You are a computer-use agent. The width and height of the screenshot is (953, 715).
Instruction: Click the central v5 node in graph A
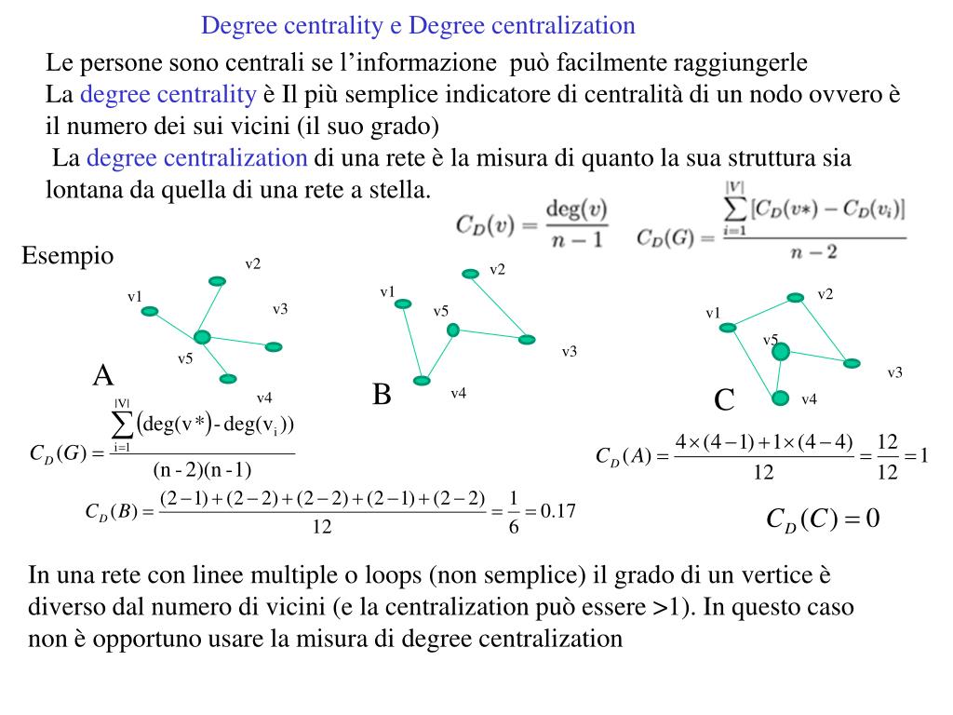202,337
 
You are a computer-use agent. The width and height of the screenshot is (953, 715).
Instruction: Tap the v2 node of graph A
217,280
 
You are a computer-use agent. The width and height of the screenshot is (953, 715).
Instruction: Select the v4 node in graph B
423,380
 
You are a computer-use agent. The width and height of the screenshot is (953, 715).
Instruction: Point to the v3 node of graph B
528,339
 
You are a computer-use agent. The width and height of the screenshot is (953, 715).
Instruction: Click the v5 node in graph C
781,351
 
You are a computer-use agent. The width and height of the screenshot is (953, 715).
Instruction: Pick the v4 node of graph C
780,398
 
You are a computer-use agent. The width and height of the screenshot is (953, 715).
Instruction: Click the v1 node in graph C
729,327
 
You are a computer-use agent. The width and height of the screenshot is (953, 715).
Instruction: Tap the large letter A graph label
102,376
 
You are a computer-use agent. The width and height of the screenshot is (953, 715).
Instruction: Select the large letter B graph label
382,395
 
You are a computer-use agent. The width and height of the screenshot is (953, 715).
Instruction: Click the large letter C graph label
724,401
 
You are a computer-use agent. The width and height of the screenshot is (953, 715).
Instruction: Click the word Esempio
68,255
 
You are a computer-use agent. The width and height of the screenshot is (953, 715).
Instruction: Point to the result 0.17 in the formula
559,511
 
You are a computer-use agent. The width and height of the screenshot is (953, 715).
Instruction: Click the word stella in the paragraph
403,190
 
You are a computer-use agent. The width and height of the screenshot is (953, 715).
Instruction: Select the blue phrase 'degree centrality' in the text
168,94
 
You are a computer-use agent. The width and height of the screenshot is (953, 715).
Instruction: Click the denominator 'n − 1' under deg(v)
578,239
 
